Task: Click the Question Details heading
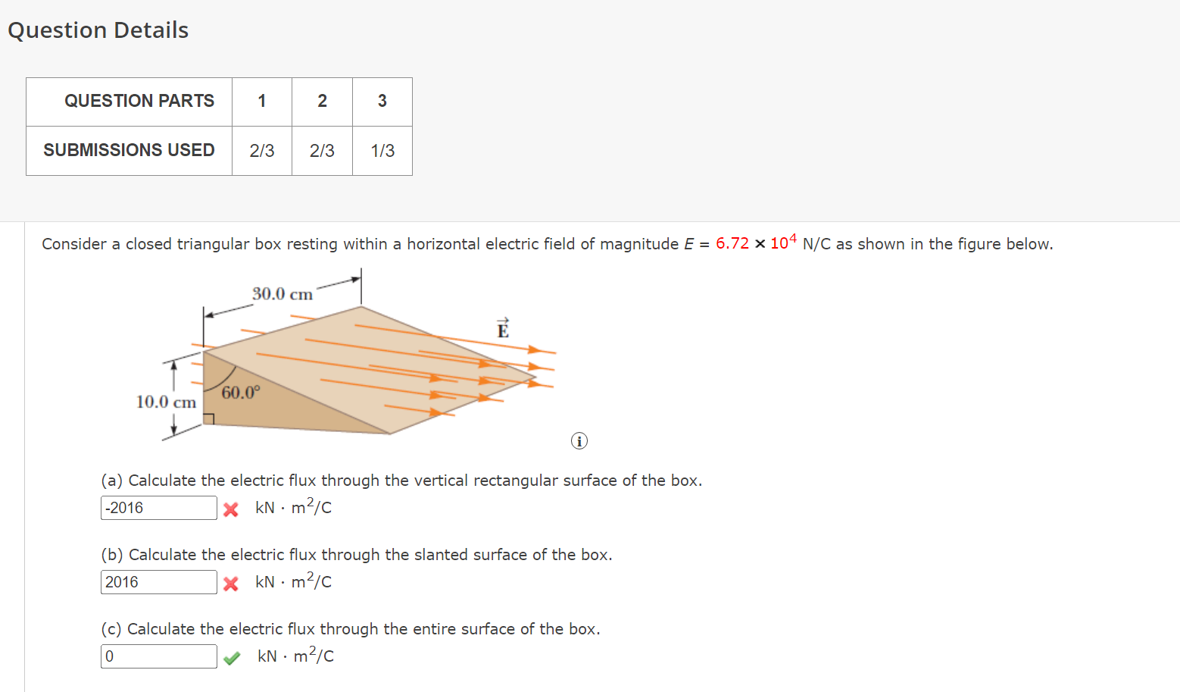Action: point(98,30)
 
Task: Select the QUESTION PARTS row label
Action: point(139,101)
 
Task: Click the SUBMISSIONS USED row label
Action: point(129,150)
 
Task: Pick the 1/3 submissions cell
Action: point(382,151)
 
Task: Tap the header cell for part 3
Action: point(382,101)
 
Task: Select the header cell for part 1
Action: point(262,101)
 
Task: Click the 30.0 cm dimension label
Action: point(282,294)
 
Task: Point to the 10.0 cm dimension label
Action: point(166,402)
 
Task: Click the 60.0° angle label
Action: point(240,393)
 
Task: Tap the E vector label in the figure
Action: point(503,329)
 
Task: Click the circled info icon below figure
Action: point(579,441)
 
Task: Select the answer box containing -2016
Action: point(158,508)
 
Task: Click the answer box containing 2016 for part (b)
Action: point(158,582)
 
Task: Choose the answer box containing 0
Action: point(158,656)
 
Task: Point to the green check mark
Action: point(232,657)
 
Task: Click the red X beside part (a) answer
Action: point(231,509)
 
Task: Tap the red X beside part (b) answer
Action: point(231,584)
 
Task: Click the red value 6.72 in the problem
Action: point(732,243)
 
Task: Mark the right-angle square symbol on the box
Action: point(209,419)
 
